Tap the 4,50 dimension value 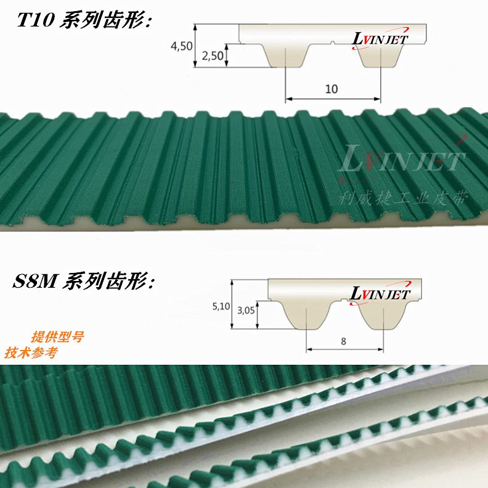point(181,46)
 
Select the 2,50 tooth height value point(213,56)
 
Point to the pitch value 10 point(331,89)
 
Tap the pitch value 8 point(343,340)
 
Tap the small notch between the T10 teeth point(333,43)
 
